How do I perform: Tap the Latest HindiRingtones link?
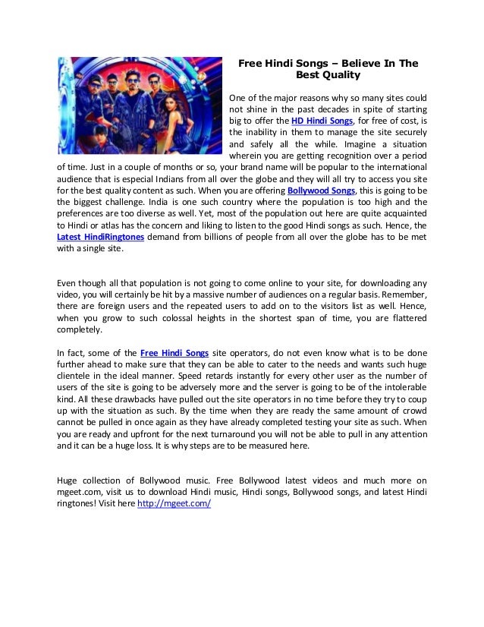[101, 237]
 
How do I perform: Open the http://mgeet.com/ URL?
[174, 503]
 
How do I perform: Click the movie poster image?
[137, 106]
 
